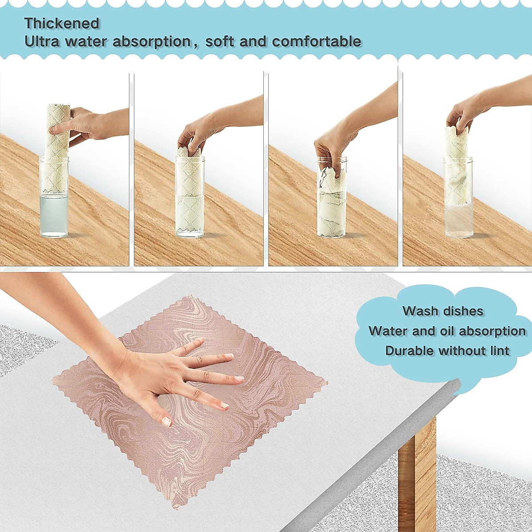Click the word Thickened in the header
[62, 23]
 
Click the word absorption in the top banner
[152, 42]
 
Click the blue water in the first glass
[54, 215]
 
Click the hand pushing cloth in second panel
[191, 135]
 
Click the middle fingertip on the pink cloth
[239, 379]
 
